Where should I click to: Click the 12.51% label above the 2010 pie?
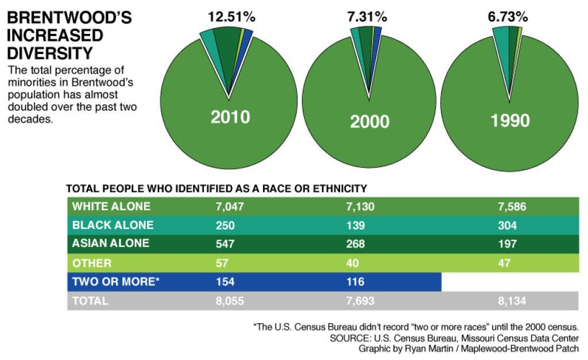click(231, 17)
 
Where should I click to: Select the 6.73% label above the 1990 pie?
click(508, 17)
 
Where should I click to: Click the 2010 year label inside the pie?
click(230, 117)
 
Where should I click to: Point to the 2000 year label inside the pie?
click(370, 121)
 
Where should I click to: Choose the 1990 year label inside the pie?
click(510, 121)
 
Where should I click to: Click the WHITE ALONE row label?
click(111, 207)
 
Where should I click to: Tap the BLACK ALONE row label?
click(113, 225)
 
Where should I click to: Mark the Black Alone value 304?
click(508, 225)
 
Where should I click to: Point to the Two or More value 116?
click(356, 282)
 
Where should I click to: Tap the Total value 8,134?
click(512, 300)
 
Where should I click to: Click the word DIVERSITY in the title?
click(49, 53)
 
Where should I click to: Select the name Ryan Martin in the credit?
click(424, 349)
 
